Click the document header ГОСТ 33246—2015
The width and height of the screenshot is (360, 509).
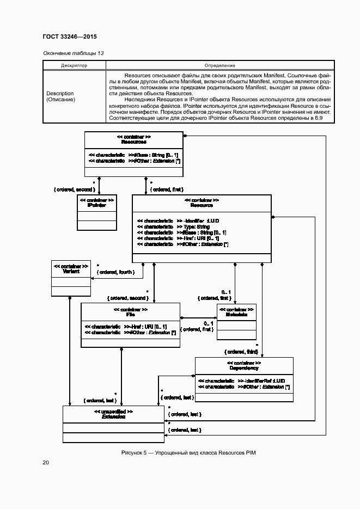69,36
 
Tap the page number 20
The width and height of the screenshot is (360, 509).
46,463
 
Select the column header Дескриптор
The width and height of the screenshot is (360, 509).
74,65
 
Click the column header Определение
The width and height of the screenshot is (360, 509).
220,65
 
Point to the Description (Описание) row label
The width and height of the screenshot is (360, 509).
60,96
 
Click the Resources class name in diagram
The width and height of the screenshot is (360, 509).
133,142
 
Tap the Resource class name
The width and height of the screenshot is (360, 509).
202,205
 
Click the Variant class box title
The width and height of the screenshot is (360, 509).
71,271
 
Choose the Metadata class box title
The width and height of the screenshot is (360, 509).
236,315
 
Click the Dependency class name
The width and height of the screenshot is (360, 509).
244,368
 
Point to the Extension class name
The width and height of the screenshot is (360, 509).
113,416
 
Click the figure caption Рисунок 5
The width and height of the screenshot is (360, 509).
188,453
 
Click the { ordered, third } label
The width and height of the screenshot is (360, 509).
240,352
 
